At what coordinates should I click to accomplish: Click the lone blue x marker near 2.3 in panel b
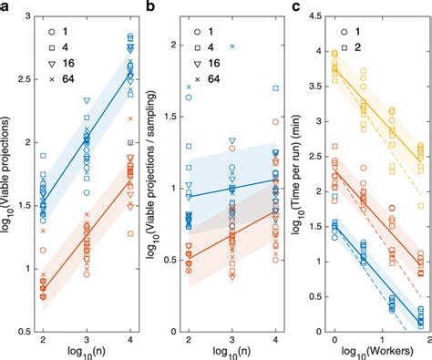(231, 46)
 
